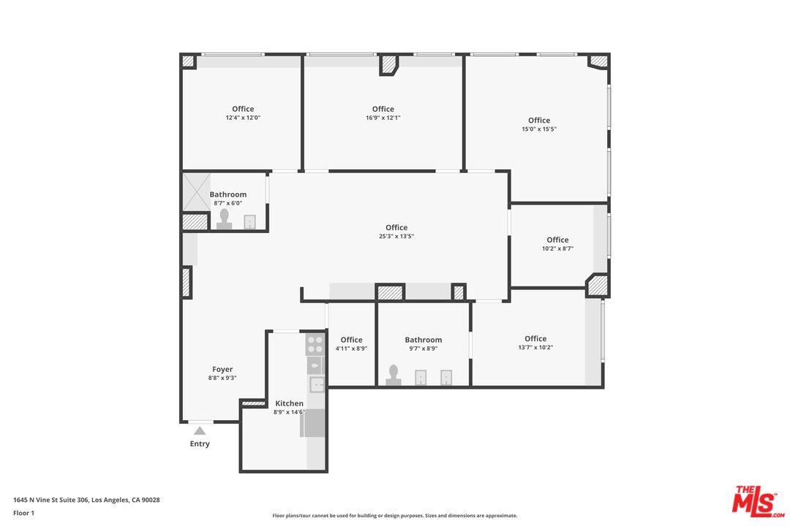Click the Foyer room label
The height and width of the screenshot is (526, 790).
[222, 369]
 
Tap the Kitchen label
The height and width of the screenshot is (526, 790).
[289, 403]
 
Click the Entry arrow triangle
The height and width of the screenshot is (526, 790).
[200, 430]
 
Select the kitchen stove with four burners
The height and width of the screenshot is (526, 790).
[315, 344]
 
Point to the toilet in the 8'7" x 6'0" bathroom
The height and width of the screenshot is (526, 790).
[225, 219]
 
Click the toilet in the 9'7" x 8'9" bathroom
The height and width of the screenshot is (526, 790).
[394, 376]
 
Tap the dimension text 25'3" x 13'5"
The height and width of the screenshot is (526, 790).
[396, 236]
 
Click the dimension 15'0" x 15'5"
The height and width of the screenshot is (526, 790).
[539, 129]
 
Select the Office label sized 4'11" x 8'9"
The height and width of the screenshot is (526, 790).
[351, 340]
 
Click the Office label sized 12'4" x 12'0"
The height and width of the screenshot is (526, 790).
[243, 109]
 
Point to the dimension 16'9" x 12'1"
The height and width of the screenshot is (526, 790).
[383, 118]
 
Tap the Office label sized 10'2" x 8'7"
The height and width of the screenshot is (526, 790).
[557, 240]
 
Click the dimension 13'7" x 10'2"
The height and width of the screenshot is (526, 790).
[535, 347]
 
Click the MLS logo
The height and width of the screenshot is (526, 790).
[757, 502]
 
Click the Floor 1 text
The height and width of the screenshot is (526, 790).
[23, 513]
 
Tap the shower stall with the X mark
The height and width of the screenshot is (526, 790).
[196, 191]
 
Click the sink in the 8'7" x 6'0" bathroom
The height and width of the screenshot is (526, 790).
[250, 222]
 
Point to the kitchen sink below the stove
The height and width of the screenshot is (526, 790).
[317, 384]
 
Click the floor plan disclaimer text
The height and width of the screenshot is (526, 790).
[394, 516]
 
